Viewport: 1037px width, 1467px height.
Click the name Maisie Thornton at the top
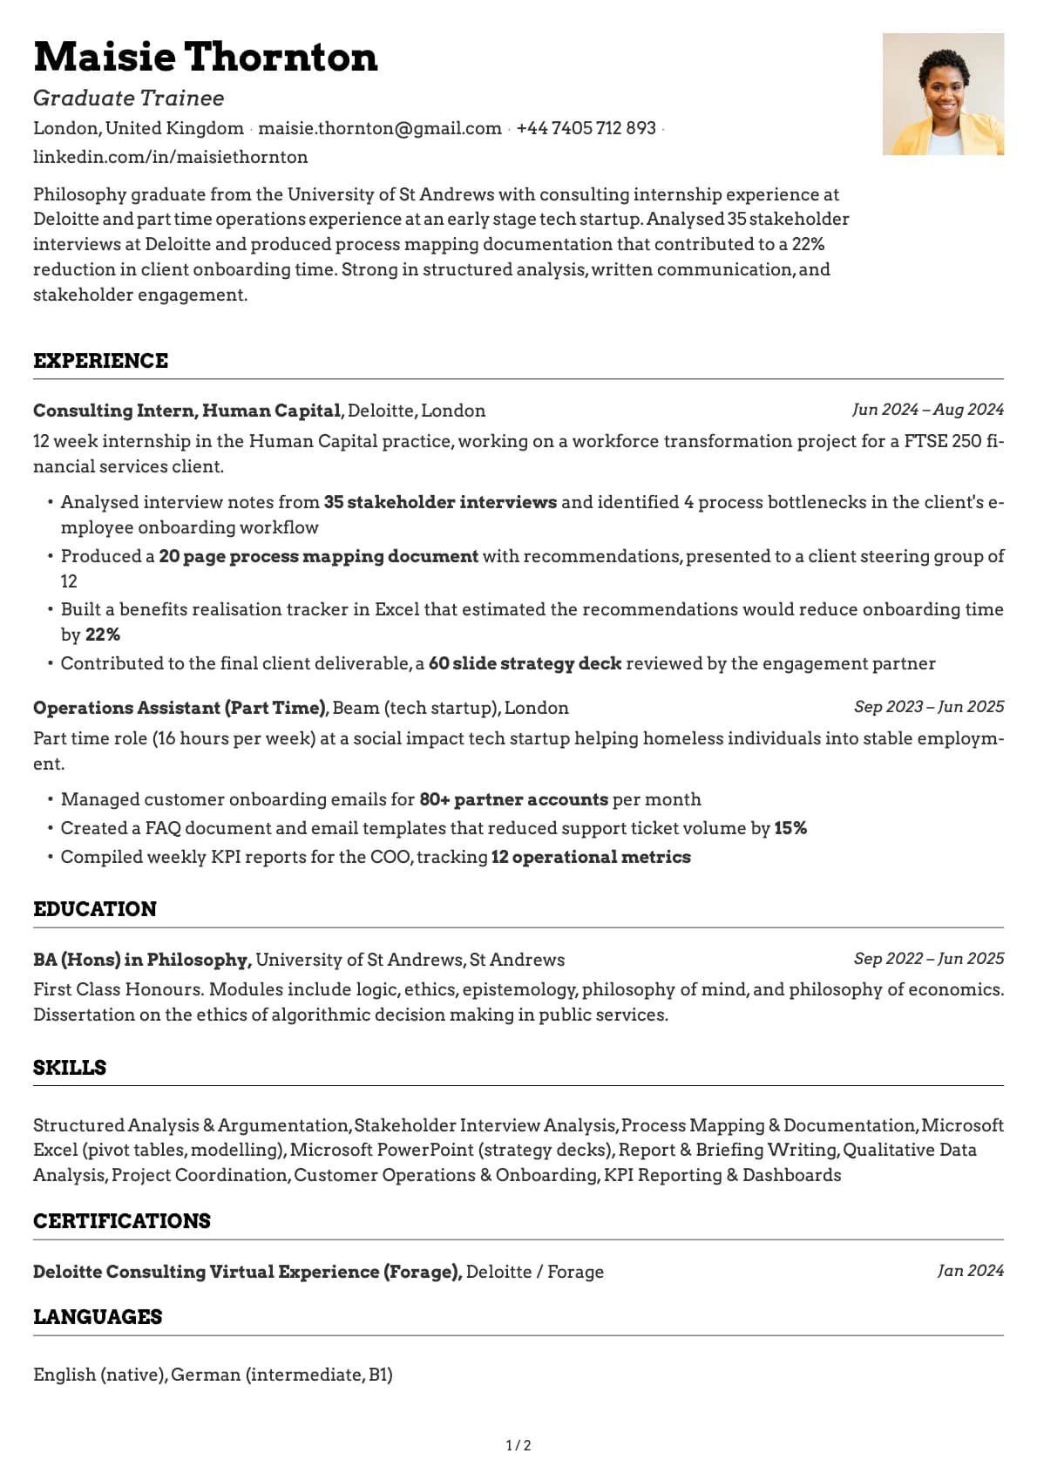[206, 58]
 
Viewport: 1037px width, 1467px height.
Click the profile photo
[943, 94]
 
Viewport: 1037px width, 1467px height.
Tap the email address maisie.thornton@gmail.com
[380, 128]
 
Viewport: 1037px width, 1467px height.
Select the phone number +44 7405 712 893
[586, 128]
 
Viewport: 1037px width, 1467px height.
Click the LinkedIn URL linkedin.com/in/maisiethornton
[171, 157]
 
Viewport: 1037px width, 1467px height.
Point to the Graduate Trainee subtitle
[129, 98]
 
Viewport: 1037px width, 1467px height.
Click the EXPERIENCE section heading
[101, 361]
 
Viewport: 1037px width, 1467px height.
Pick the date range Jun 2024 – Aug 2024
[928, 410]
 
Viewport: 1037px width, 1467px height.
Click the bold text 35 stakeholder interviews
[440, 502]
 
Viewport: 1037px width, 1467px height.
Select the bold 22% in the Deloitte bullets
[103, 635]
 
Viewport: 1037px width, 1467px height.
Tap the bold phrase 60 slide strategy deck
[525, 663]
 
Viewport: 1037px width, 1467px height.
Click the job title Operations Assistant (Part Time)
[180, 708]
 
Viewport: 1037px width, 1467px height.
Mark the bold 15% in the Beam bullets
[790, 828]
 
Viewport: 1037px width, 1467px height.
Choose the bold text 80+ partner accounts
[513, 799]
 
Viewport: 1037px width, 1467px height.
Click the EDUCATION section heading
[95, 909]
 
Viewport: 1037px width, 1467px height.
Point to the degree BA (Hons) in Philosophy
[142, 960]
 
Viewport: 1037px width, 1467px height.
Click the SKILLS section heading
[70, 1068]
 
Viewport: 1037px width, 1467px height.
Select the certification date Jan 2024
[970, 1271]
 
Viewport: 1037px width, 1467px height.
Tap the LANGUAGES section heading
[98, 1317]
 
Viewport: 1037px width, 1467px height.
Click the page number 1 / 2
[518, 1446]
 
